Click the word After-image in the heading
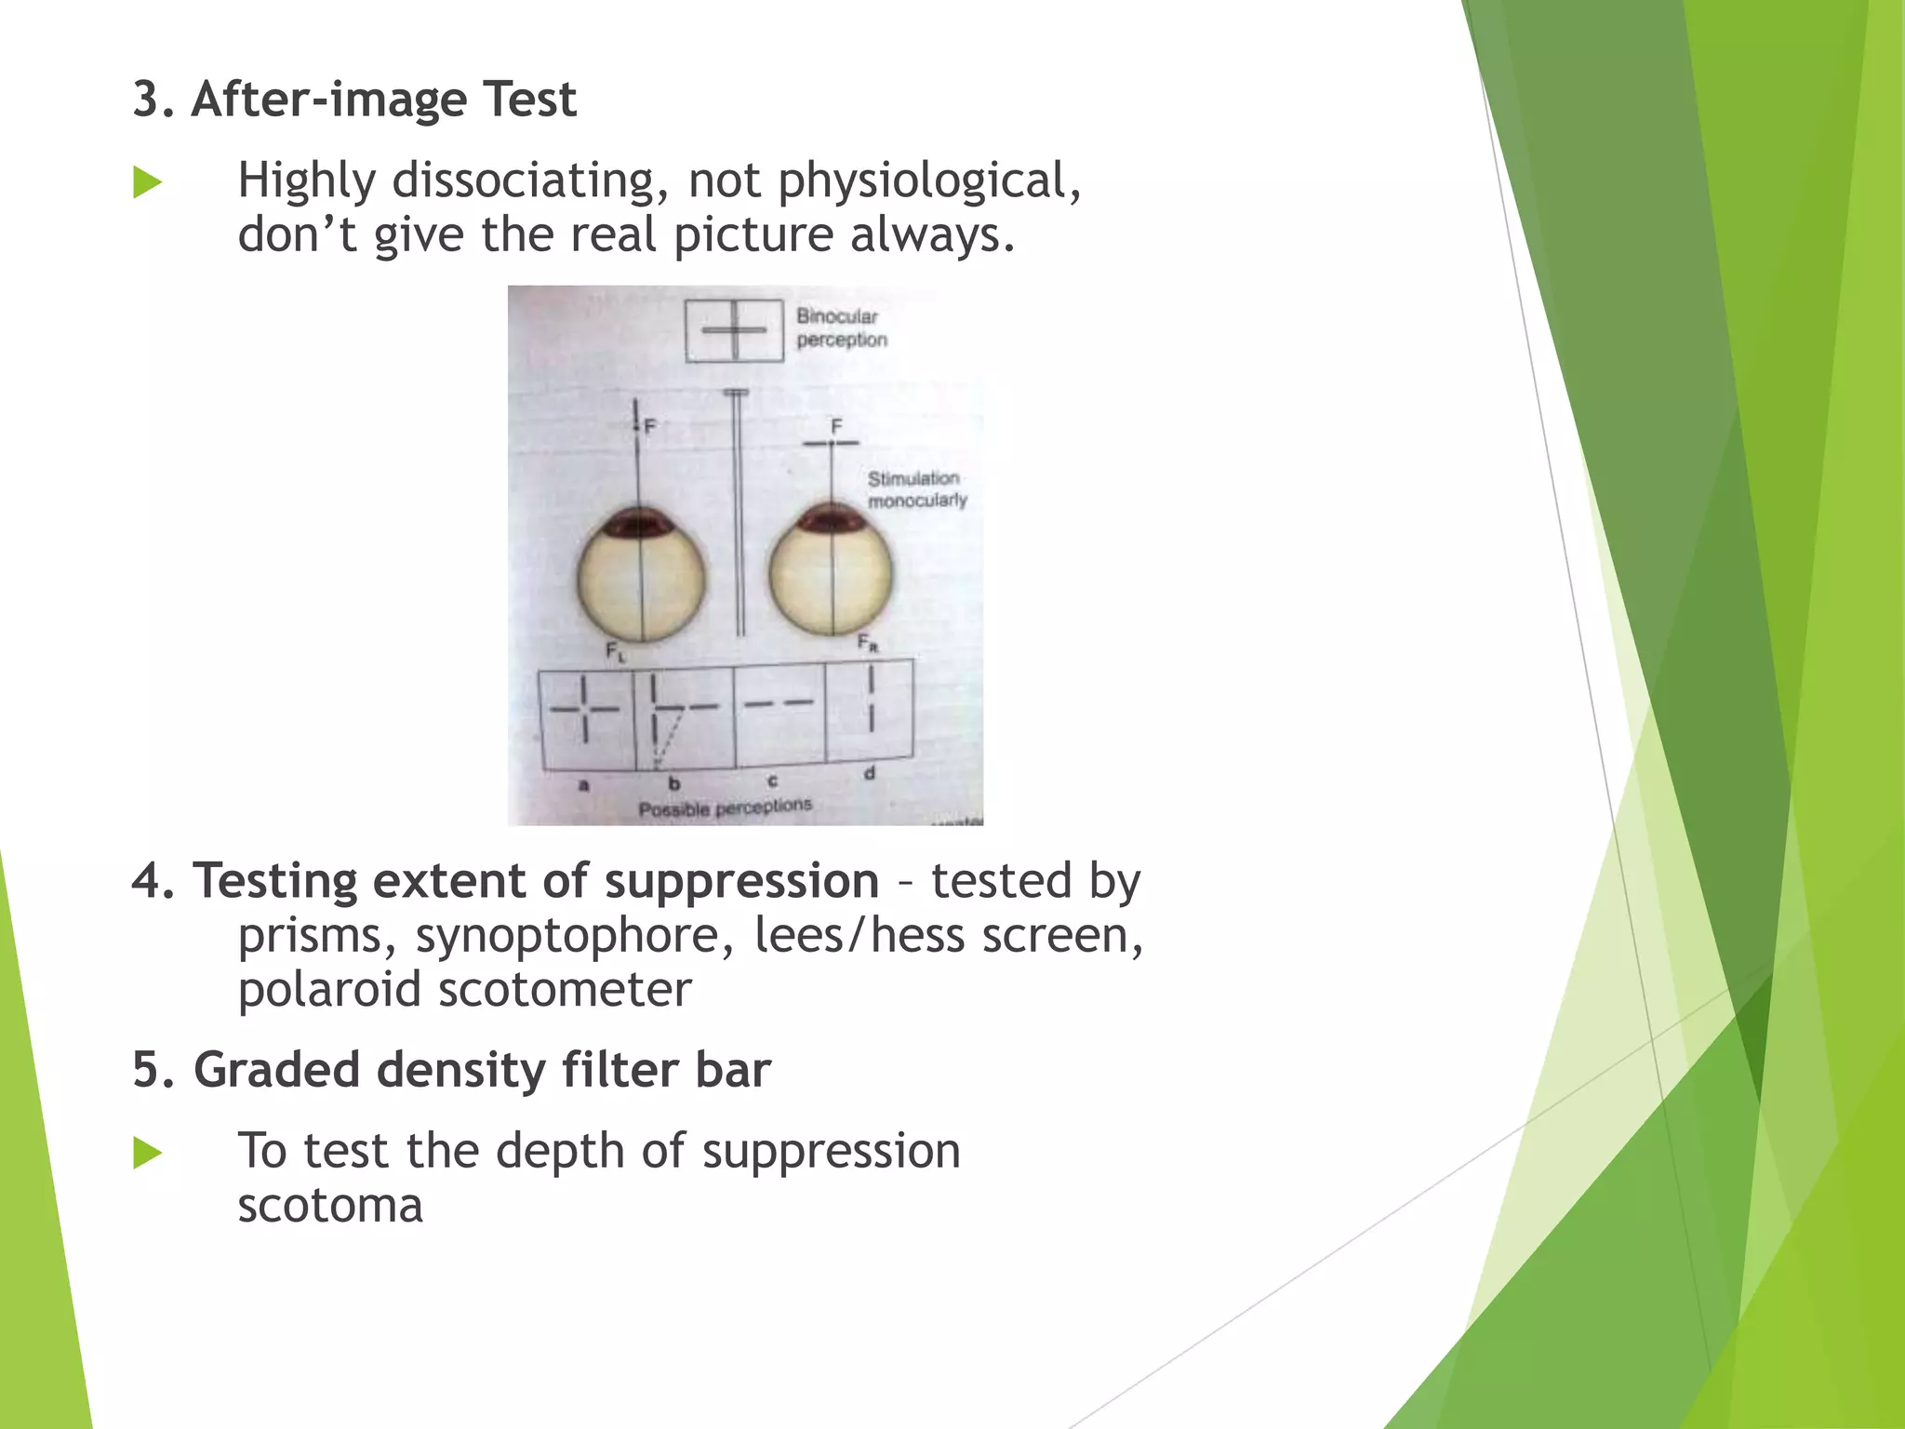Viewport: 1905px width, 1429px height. pos(328,100)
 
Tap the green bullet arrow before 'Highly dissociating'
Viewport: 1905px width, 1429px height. pos(147,182)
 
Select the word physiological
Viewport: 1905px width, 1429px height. pos(929,180)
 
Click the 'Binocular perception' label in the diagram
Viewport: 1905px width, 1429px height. pos(841,327)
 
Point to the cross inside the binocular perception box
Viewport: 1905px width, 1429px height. pos(735,329)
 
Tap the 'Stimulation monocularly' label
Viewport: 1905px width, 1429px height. pos(916,489)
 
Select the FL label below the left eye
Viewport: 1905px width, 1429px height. pos(616,652)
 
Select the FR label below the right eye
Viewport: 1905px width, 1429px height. pos(867,643)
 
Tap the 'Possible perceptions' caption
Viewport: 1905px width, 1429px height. pos(725,808)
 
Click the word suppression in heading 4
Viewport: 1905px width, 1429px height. pos(741,881)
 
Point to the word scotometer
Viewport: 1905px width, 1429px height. pos(565,989)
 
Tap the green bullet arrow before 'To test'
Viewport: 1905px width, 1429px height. pos(147,1154)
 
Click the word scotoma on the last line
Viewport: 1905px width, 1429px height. pos(330,1206)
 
